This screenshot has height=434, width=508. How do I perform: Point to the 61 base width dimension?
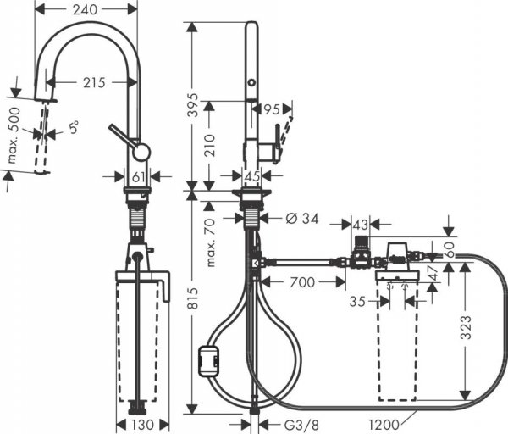tap(140, 176)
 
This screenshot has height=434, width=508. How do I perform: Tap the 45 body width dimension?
tap(251, 176)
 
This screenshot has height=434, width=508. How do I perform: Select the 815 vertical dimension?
tap(194, 300)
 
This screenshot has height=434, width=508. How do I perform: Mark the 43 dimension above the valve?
tap(361, 224)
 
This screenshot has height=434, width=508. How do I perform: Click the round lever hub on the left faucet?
tap(141, 152)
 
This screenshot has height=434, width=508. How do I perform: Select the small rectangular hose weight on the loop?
tap(207, 361)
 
